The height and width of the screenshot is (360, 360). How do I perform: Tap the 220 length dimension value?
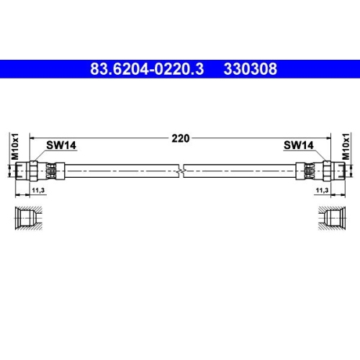click(x=181, y=138)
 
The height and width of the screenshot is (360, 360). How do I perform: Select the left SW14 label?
click(x=62, y=145)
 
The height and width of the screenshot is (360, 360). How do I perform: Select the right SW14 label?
click(x=297, y=145)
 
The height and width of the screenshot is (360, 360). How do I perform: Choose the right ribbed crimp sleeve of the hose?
click(x=307, y=169)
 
